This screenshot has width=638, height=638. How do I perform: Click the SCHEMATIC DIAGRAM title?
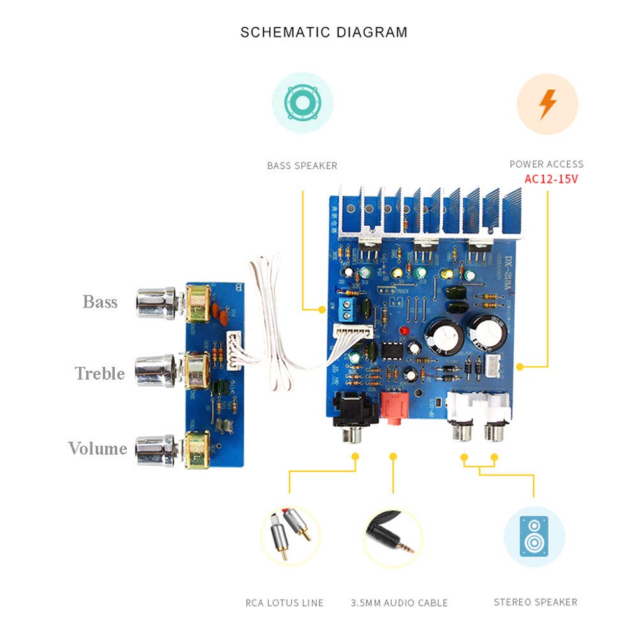click(x=323, y=32)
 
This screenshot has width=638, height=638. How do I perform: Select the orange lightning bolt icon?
click(x=547, y=104)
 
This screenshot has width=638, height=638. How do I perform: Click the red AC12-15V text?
click(x=551, y=179)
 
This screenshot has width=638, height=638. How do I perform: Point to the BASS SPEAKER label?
click(x=302, y=166)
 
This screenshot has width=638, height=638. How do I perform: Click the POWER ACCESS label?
click(x=546, y=164)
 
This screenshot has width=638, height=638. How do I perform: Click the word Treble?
click(x=100, y=373)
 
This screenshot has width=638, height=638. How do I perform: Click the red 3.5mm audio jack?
click(x=393, y=410)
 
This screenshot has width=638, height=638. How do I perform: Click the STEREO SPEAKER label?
click(x=535, y=602)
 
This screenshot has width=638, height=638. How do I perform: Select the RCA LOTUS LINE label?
click(x=285, y=603)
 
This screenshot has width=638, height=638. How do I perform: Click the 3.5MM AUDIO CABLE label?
click(x=399, y=603)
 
